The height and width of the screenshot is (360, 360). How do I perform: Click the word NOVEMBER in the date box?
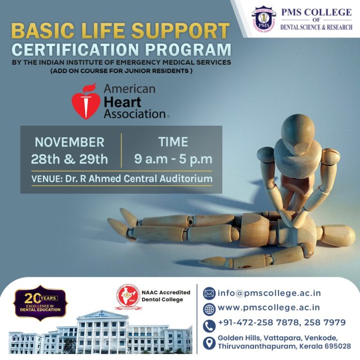[69, 142]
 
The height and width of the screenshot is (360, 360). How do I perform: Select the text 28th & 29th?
[69, 159]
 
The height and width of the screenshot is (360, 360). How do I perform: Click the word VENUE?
[45, 179]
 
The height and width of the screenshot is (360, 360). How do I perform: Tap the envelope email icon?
[209, 293]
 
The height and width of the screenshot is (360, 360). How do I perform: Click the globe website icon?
[209, 308]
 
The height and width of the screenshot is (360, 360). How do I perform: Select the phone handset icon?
[209, 324]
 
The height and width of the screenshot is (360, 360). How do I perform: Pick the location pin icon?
[209, 343]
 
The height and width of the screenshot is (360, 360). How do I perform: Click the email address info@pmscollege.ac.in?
[269, 293]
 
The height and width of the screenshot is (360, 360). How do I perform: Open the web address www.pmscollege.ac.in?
[269, 308]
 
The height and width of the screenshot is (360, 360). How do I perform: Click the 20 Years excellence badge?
[40, 303]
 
